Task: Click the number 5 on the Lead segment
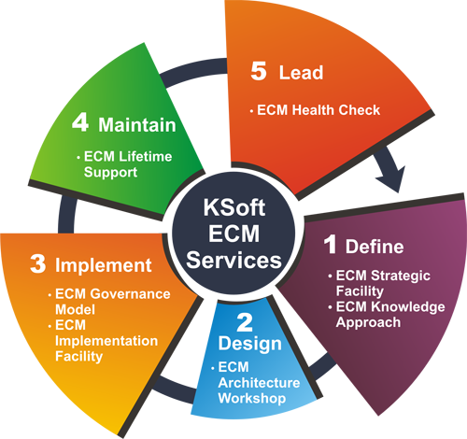click(x=259, y=71)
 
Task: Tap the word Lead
click(x=301, y=73)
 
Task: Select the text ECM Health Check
click(x=318, y=110)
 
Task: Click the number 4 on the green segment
click(x=80, y=122)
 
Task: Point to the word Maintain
click(x=137, y=125)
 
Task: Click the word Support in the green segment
click(x=110, y=173)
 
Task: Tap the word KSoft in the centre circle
click(x=234, y=207)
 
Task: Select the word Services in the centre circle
click(x=233, y=260)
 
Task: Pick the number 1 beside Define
click(x=330, y=245)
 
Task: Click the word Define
click(x=375, y=247)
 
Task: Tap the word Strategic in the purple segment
click(x=401, y=276)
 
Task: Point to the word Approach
click(x=368, y=322)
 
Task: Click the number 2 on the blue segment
click(x=245, y=322)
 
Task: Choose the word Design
click(x=250, y=344)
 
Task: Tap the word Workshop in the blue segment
click(x=252, y=399)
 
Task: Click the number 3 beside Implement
click(x=38, y=264)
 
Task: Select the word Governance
click(x=130, y=294)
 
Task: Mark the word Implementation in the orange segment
click(x=106, y=341)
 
